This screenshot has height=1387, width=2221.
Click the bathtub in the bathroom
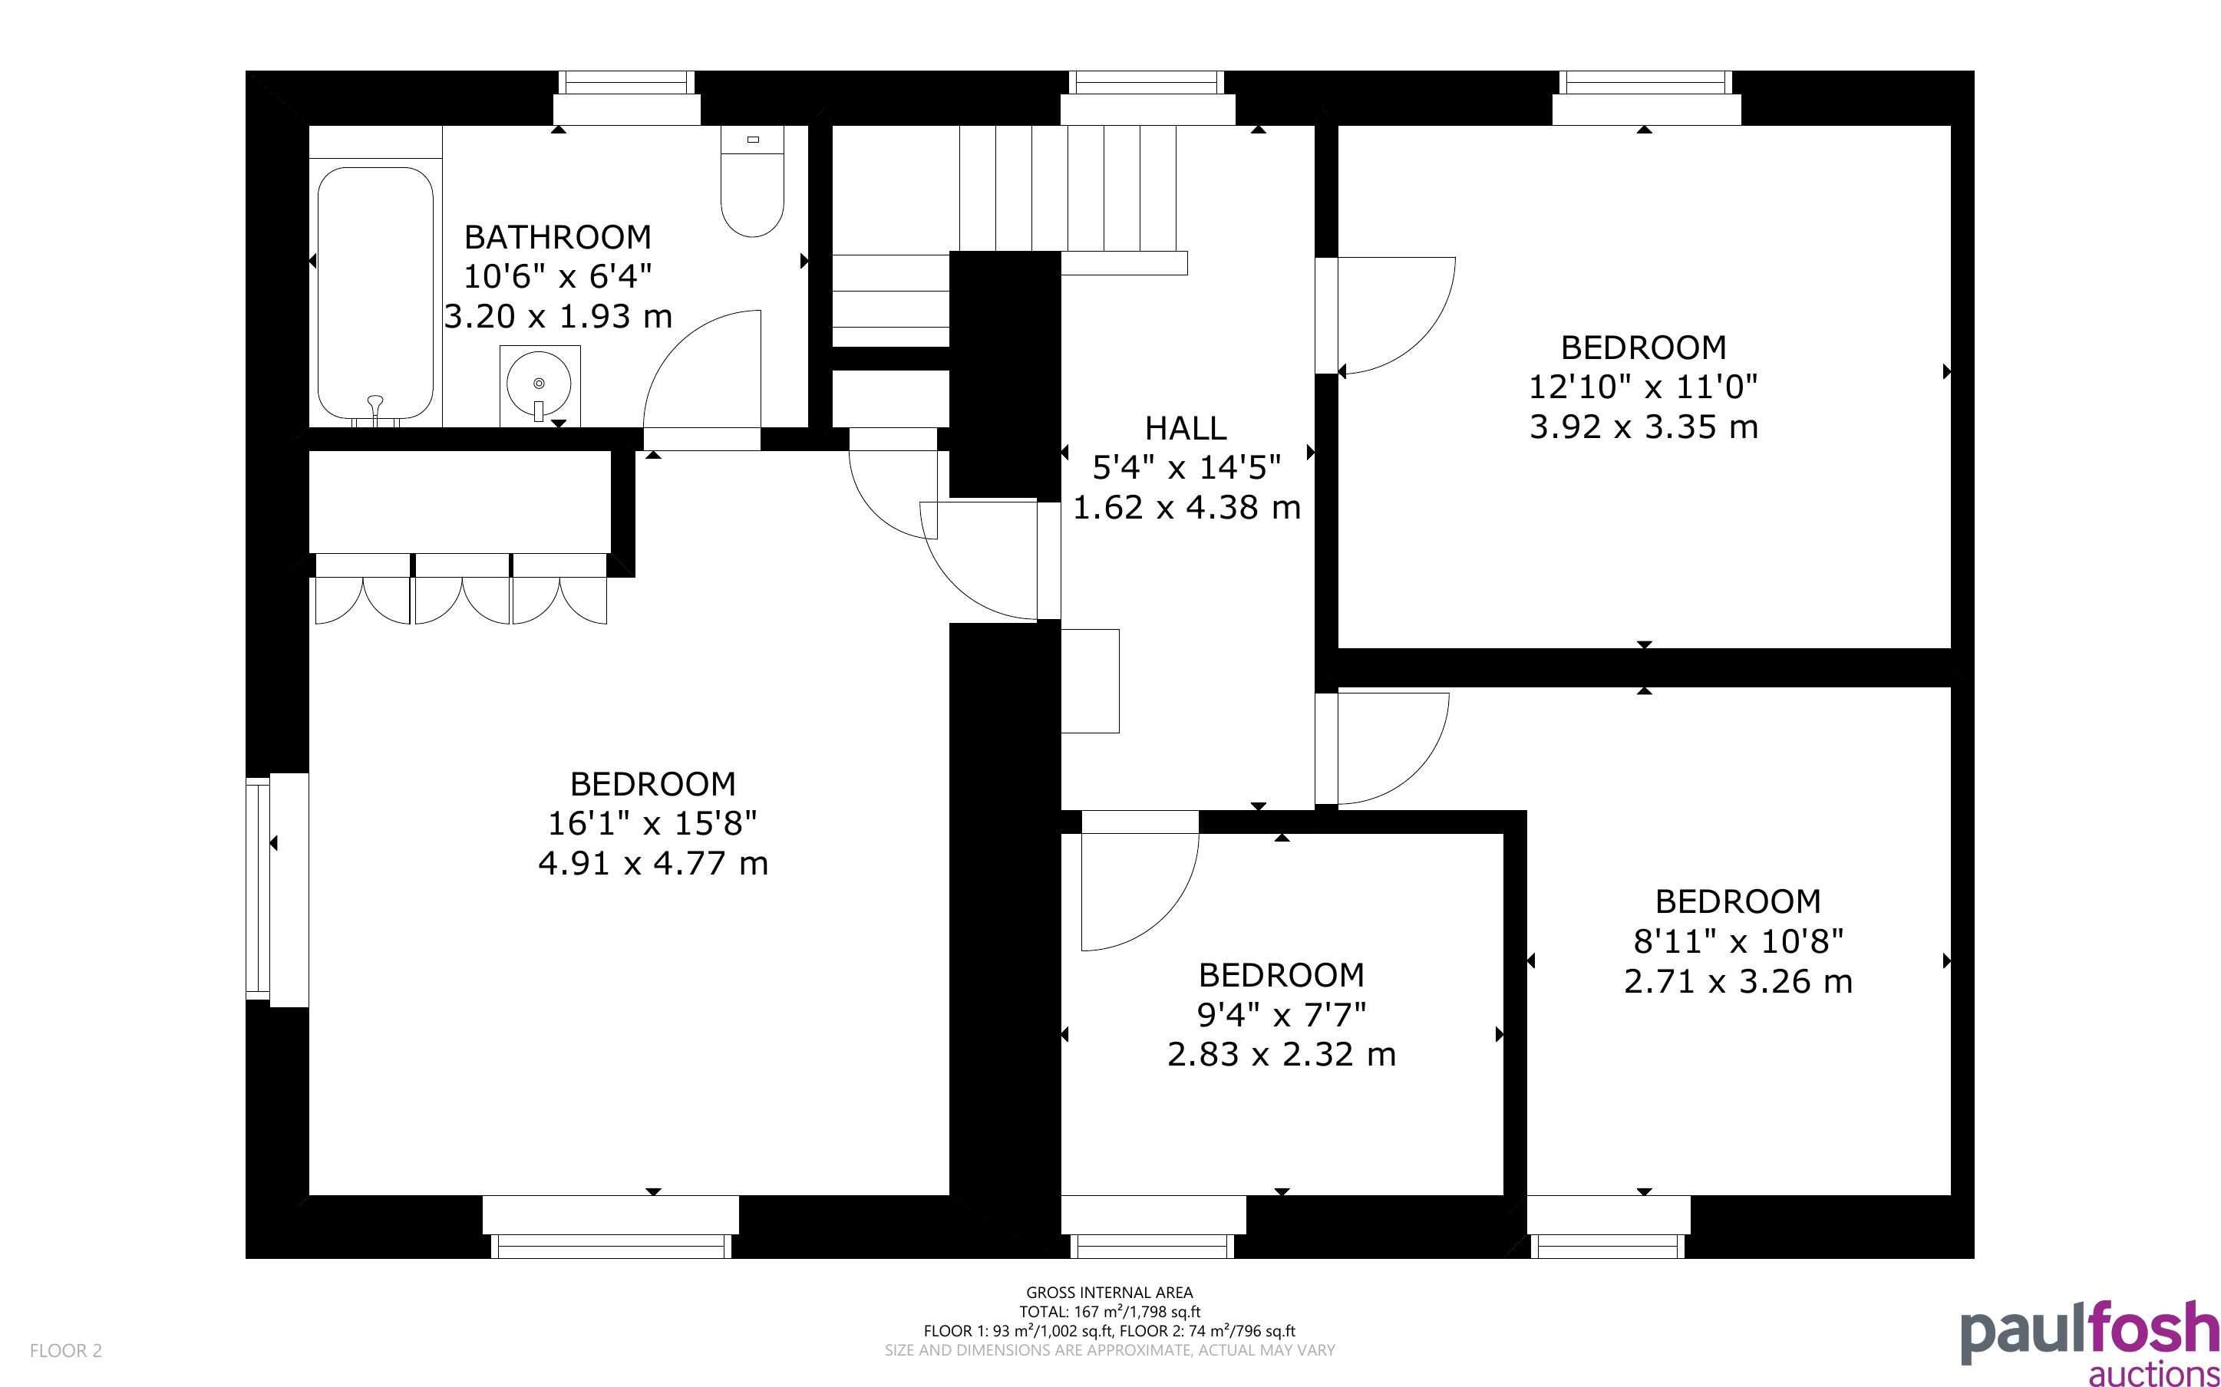(375, 294)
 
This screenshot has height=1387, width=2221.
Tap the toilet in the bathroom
(752, 181)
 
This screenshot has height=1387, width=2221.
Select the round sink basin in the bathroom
(540, 384)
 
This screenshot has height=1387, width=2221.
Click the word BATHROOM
(558, 237)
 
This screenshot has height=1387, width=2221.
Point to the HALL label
(1185, 427)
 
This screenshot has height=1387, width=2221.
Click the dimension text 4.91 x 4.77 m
(652, 863)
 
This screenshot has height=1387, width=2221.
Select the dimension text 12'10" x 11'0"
(1643, 387)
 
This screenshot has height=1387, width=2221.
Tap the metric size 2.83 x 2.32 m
(1282, 1054)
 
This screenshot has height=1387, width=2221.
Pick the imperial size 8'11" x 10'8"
(1738, 941)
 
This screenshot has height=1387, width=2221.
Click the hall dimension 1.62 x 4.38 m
(1186, 507)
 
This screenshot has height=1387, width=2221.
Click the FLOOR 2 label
(66, 1350)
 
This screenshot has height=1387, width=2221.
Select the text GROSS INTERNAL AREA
(1109, 1293)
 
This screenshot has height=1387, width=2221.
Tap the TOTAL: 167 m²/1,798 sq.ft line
(1109, 1312)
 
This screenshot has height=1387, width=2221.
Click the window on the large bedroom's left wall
(260, 888)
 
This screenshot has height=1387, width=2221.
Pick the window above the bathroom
(626, 84)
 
